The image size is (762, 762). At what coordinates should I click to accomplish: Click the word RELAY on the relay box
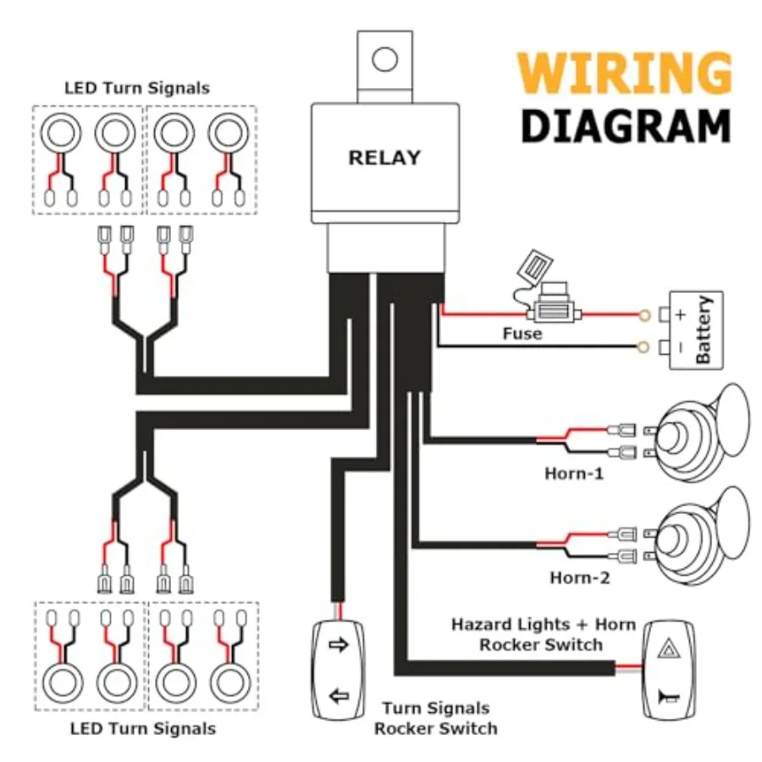point(384,158)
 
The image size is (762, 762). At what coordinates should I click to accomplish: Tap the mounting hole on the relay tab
point(385,59)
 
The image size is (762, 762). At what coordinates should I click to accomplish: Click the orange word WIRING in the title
point(625,73)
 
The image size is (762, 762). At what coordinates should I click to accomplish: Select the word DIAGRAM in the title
point(626,126)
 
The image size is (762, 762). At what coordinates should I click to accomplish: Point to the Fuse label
point(522,334)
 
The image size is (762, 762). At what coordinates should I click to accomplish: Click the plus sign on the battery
point(681,315)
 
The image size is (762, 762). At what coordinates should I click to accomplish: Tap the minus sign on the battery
point(681,347)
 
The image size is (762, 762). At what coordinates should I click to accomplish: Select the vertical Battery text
point(704,329)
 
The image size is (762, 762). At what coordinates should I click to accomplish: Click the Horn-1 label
point(574,473)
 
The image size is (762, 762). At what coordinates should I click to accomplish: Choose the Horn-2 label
point(579,577)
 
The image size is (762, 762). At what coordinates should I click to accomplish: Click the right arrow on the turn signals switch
point(339,645)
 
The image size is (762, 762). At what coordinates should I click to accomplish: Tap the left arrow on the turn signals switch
point(339,697)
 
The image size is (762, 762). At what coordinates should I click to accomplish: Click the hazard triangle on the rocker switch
point(669,649)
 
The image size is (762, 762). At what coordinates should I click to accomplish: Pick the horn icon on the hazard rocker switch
point(669,698)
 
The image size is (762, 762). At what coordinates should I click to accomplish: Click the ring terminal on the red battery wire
point(644,316)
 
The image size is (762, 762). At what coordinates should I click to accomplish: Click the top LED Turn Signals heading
point(137,88)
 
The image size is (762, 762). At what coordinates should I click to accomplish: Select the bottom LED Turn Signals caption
point(143,728)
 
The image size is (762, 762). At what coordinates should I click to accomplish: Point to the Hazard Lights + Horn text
point(544,624)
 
